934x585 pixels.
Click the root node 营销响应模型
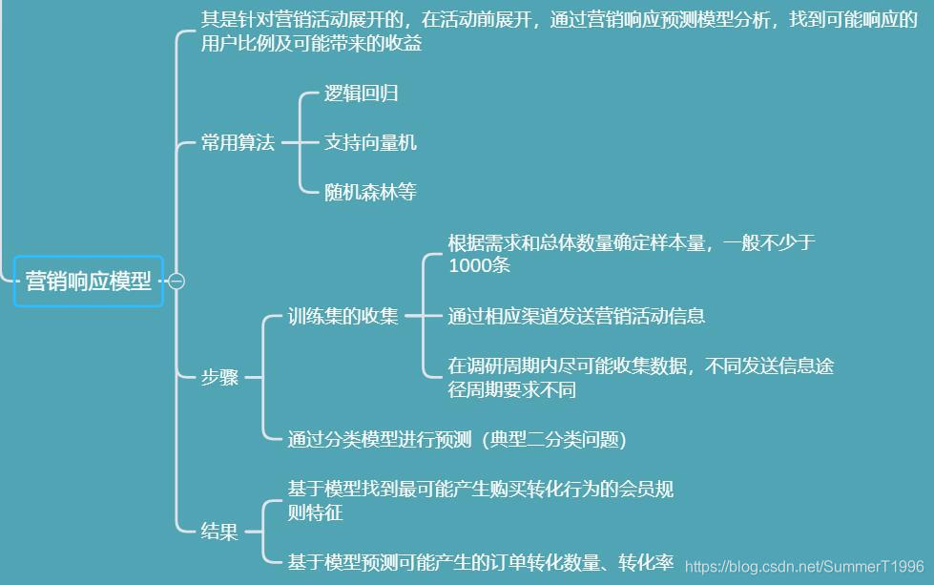[x=89, y=281]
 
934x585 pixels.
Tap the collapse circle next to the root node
[x=176, y=281]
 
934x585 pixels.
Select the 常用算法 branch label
[x=238, y=143]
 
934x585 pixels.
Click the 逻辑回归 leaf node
[x=361, y=94]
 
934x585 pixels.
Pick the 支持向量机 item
[x=370, y=143]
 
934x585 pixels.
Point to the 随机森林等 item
[x=370, y=193]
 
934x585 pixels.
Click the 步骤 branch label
[x=219, y=377]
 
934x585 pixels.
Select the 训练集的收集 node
[x=343, y=317]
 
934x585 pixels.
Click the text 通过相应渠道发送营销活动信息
[x=576, y=316]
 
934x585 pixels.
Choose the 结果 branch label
[x=219, y=533]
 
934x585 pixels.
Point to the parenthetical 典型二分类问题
[x=555, y=439]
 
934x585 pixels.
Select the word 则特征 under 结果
[x=315, y=513]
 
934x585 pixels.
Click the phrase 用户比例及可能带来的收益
[x=311, y=44]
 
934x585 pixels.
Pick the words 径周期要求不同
[x=511, y=389]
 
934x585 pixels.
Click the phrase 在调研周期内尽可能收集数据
[x=572, y=366]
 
